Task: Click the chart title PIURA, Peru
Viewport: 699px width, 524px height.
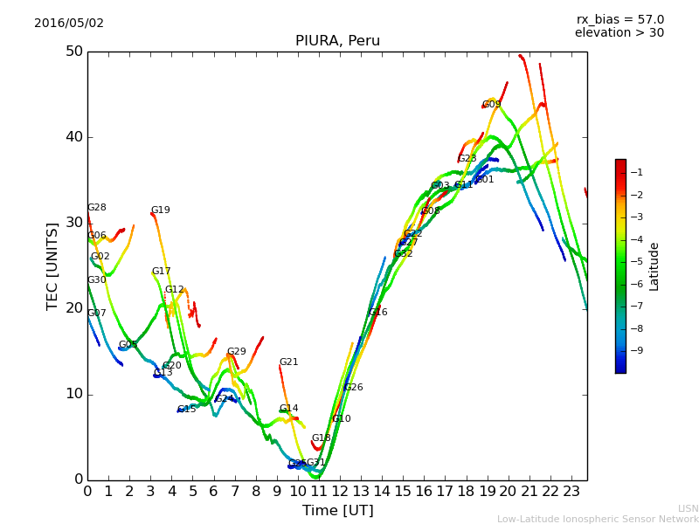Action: [x=337, y=41]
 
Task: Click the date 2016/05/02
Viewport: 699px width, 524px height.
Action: [x=69, y=24]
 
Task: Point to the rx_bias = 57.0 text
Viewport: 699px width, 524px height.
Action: [x=620, y=19]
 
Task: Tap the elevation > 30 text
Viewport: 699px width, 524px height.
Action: [x=619, y=33]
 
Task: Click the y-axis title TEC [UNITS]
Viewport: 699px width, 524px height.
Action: [x=52, y=265]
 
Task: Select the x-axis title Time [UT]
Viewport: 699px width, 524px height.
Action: [x=337, y=511]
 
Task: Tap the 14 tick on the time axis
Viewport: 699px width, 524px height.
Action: [x=382, y=492]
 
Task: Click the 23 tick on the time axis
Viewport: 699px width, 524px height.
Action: [x=571, y=492]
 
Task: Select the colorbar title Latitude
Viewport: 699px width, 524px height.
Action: [x=654, y=266]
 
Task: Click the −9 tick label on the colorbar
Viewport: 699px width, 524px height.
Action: [x=636, y=350]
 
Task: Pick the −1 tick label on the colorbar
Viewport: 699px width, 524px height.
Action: [x=636, y=172]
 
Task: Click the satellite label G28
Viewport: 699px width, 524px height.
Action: [x=97, y=208]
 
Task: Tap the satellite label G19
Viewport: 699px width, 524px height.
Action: [x=161, y=210]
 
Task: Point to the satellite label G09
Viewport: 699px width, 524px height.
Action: [x=492, y=105]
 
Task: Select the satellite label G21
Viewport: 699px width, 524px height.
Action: [x=289, y=362]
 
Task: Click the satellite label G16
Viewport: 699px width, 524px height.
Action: [x=378, y=313]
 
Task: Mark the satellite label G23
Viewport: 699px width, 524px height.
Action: [x=467, y=159]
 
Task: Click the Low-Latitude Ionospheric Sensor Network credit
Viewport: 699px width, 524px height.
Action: [x=598, y=520]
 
